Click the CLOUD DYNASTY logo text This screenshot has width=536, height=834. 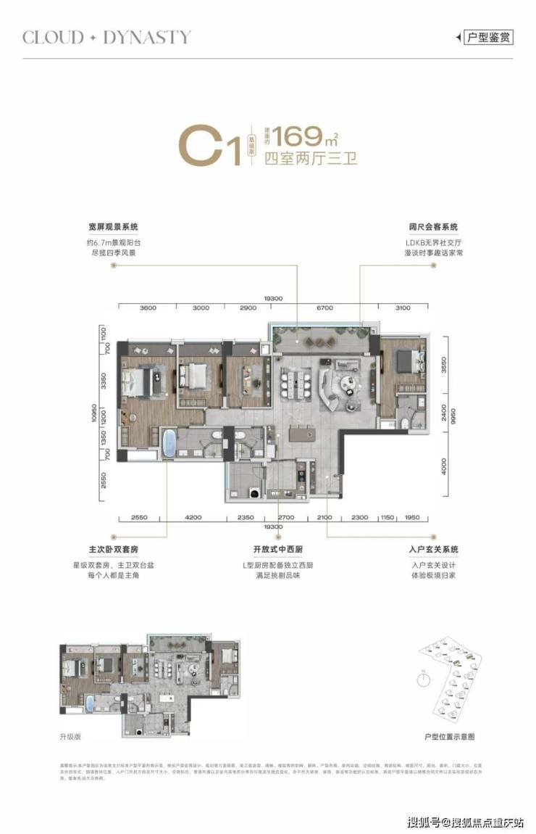pos(106,37)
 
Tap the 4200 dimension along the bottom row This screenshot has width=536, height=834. pos(193,517)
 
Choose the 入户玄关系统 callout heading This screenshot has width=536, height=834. pos(433,549)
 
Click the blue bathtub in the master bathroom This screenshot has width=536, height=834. pos(168,444)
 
